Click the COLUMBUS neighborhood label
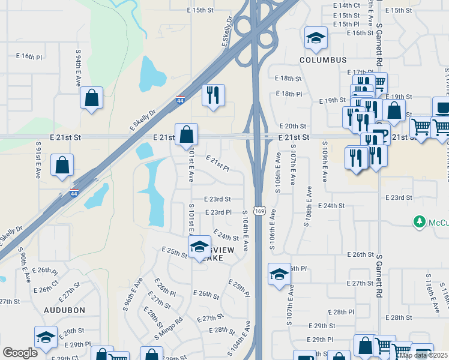[x=324, y=60]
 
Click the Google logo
[x=20, y=353]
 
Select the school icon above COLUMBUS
[x=316, y=39]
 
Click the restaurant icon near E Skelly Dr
[x=213, y=95]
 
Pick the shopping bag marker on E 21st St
[x=187, y=135]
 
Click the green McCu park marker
[x=421, y=223]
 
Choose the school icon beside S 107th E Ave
[x=279, y=275]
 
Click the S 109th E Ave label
[x=324, y=162]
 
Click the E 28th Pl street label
[x=343, y=312]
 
